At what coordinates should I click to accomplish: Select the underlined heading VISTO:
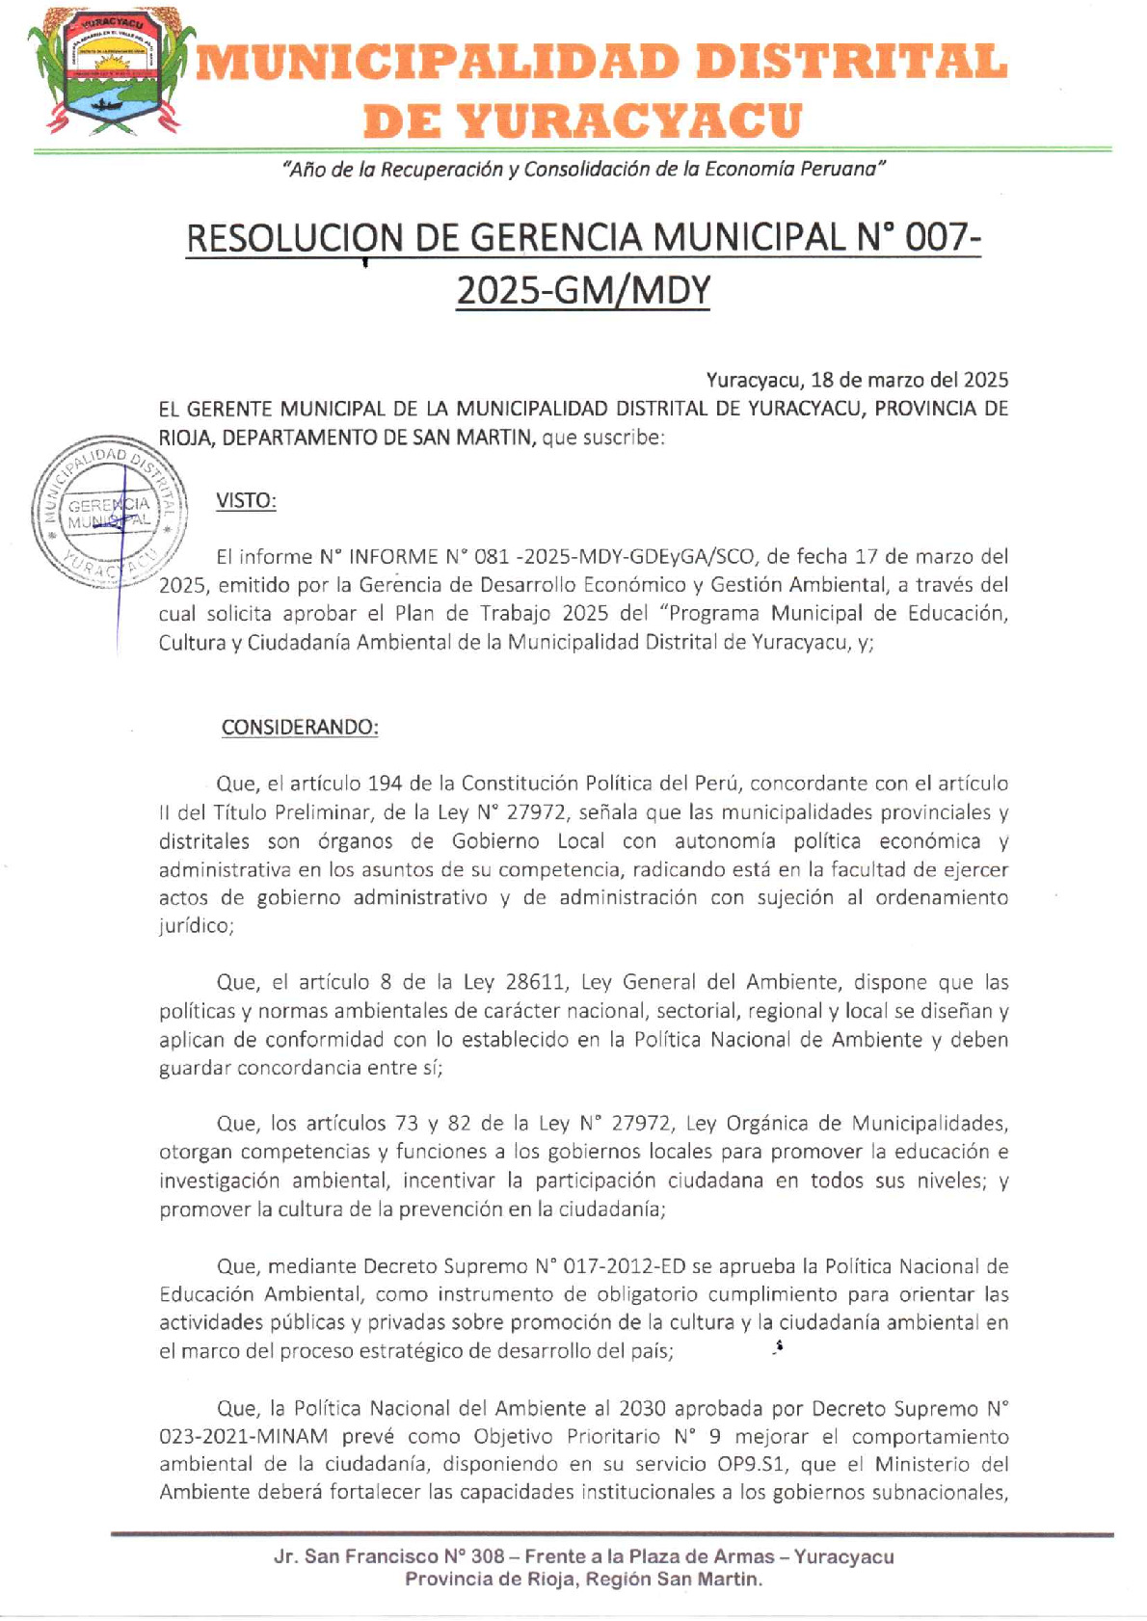pos(246,501)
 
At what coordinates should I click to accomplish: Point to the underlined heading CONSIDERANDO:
pos(300,728)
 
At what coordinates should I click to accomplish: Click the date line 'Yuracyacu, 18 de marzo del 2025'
pos(857,380)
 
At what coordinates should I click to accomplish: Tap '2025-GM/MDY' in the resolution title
pos(582,290)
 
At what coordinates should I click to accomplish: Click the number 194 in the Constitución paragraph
pos(385,784)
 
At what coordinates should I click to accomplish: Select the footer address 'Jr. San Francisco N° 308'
pos(389,1556)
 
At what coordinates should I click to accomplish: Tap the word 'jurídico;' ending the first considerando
pos(196,926)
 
